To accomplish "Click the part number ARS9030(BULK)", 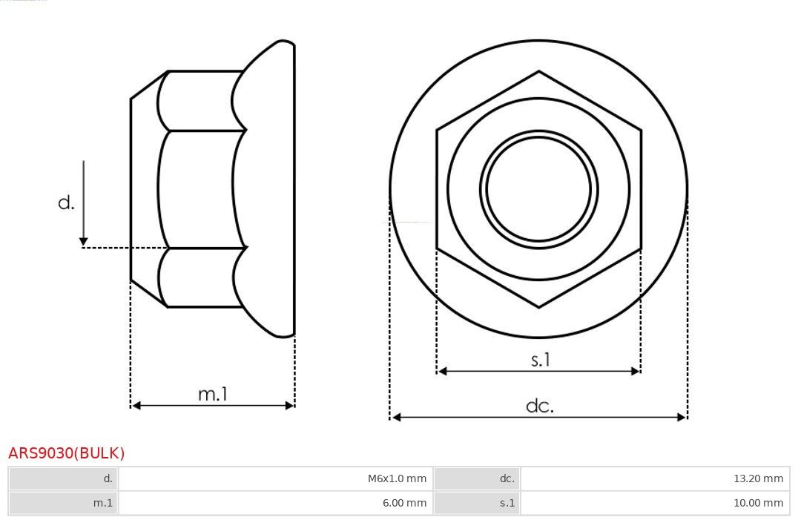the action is click(67, 453).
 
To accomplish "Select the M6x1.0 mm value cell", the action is click(397, 478).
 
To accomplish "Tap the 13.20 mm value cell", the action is click(758, 478).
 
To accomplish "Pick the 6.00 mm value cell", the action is click(404, 503).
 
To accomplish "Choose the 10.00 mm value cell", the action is click(758, 503).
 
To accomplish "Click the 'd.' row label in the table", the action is click(108, 478).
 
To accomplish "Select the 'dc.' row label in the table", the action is click(507, 478).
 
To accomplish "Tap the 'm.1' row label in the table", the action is click(102, 503).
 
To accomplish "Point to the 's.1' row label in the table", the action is click(507, 503).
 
